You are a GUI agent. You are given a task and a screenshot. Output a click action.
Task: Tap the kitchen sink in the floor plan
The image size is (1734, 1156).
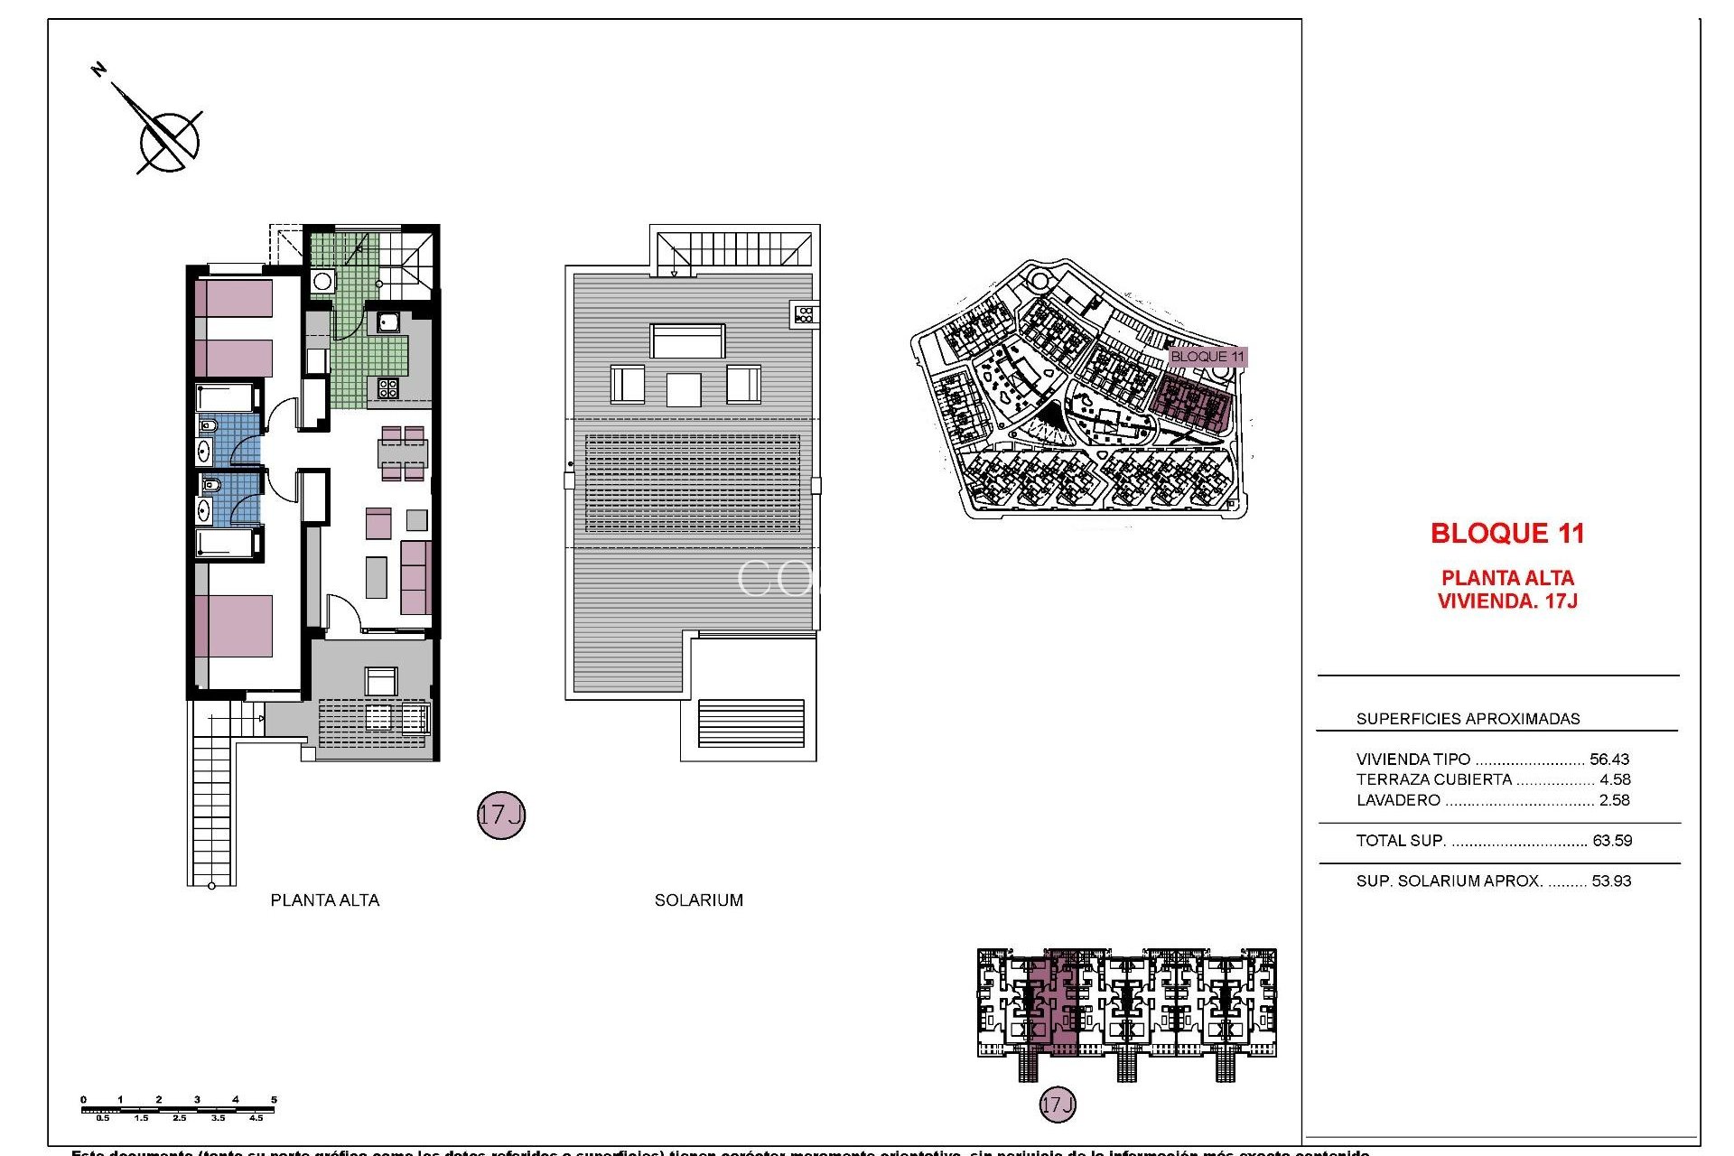388,322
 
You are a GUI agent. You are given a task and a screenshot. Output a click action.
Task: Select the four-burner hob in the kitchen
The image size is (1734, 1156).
387,388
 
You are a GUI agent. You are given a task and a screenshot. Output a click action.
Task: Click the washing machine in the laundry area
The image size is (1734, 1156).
322,281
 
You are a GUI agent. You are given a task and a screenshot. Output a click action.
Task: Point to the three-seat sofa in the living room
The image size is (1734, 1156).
415,577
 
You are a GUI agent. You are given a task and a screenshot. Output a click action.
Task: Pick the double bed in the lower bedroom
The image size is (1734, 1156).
234,625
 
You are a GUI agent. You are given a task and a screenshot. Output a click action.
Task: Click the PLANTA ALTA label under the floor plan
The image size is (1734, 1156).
325,900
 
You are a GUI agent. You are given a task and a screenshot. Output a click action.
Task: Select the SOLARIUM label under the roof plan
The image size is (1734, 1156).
698,900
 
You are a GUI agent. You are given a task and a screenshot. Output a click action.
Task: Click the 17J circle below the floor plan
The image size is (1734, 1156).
500,815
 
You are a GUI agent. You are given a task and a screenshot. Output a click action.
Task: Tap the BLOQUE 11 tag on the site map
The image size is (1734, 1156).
1207,356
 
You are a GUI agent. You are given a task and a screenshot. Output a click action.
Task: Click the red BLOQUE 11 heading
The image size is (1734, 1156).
1507,533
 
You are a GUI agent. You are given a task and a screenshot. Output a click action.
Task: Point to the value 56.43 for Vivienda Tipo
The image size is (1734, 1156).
1609,759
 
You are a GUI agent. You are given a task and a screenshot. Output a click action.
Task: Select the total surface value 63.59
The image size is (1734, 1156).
1612,840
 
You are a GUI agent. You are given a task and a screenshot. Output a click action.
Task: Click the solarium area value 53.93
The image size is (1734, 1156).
1611,881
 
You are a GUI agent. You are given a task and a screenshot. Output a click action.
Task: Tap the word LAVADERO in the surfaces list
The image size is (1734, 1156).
1398,799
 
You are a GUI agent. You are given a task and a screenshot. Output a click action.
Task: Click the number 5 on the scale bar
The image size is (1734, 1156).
274,1099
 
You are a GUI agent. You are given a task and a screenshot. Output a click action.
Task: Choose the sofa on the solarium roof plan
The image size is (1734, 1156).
687,341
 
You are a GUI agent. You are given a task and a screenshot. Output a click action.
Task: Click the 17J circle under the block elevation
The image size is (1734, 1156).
1057,1104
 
